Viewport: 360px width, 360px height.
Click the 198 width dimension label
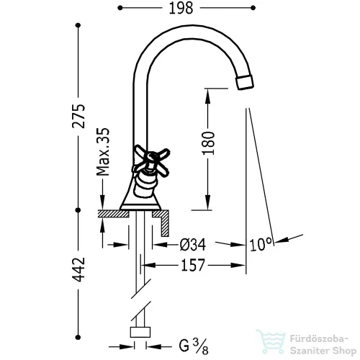pyautogui.click(x=181, y=8)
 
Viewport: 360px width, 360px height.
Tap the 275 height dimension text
pyautogui.click(x=78, y=116)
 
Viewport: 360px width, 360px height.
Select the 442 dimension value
pyautogui.click(x=78, y=269)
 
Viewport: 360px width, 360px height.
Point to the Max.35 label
pyautogui.click(x=103, y=152)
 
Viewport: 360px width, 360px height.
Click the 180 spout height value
pyautogui.click(x=208, y=143)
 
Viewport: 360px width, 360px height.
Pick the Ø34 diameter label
pyautogui.click(x=193, y=245)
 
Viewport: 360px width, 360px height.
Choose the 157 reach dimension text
pyautogui.click(x=193, y=265)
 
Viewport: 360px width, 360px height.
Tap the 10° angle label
pyautogui.click(x=261, y=244)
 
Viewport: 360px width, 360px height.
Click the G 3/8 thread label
pyautogui.click(x=194, y=346)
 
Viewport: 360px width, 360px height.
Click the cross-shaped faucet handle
pyautogui.click(x=151, y=161)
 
